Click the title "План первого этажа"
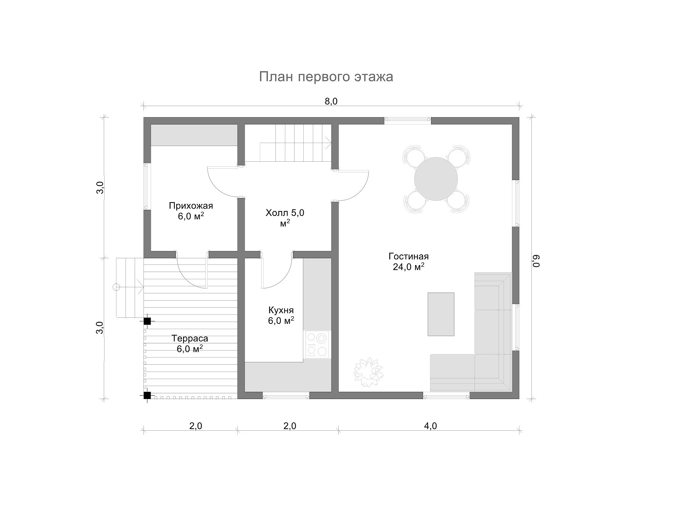(x=326, y=77)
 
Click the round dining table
(x=436, y=179)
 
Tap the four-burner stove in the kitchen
(x=317, y=344)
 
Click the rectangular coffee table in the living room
(x=441, y=314)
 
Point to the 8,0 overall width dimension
(x=331, y=101)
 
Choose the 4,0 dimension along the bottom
(x=430, y=426)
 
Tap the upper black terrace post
(x=147, y=321)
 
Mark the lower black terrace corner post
(x=147, y=395)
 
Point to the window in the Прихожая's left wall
(x=146, y=186)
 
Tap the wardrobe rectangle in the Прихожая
(x=194, y=135)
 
